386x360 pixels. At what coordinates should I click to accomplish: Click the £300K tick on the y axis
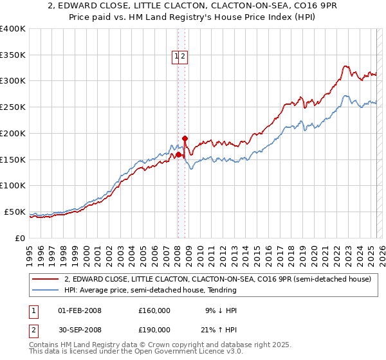tap(13, 81)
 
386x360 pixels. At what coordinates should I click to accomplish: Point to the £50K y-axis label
tap(14, 212)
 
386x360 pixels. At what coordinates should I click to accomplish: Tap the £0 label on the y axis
tap(21, 238)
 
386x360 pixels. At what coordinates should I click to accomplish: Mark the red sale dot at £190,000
tap(185, 138)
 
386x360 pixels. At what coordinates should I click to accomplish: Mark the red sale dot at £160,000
tap(178, 154)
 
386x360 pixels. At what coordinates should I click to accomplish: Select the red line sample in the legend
tap(45, 280)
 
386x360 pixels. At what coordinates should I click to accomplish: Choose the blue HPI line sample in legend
tap(45, 291)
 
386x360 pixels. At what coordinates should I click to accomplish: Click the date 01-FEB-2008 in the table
tap(80, 310)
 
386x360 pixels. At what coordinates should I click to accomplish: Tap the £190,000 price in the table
tap(154, 330)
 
